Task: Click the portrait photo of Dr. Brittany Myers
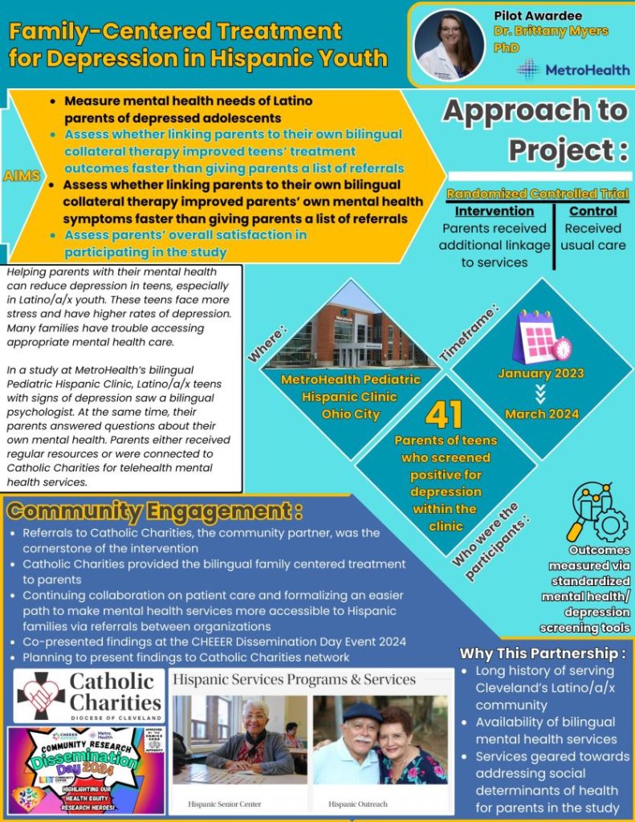click(x=450, y=45)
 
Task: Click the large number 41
click(x=445, y=414)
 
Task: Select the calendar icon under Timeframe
click(x=540, y=336)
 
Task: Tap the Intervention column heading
click(x=494, y=211)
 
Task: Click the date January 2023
click(x=541, y=373)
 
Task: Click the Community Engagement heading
click(x=154, y=511)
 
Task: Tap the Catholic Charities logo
click(x=89, y=694)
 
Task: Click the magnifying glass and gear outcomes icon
click(x=596, y=511)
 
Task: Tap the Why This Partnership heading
click(x=542, y=653)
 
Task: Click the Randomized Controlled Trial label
click(x=537, y=193)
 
